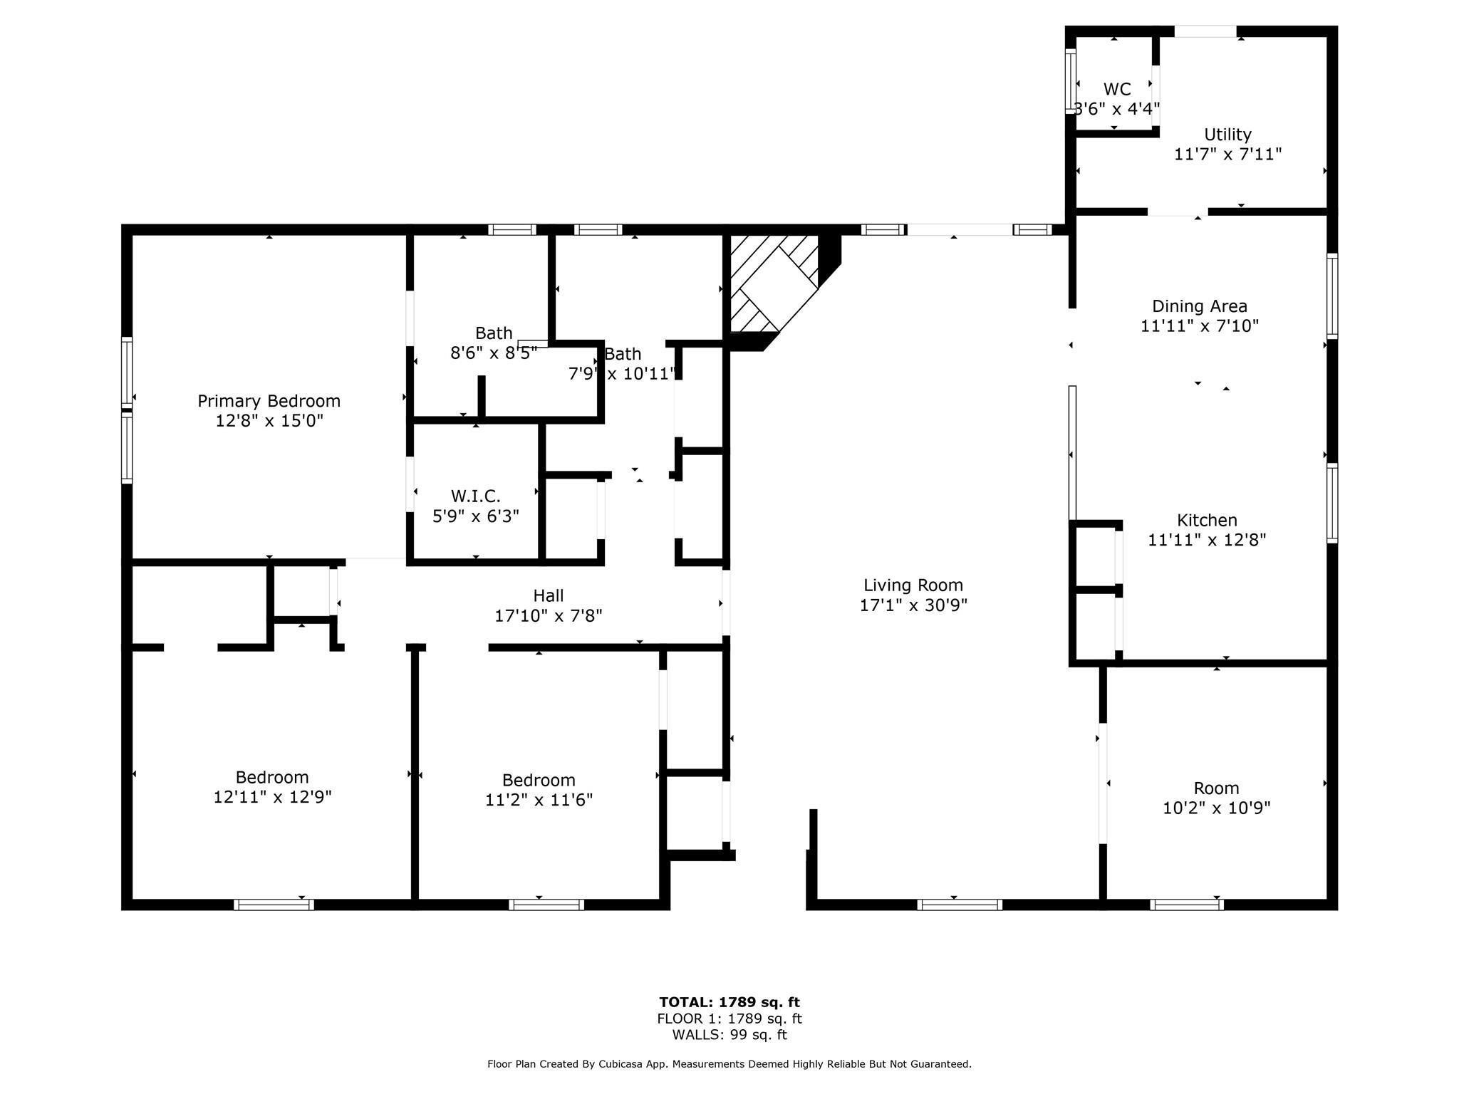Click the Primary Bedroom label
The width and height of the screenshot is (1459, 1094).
tap(269, 401)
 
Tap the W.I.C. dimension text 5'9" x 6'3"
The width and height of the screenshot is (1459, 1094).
tap(475, 516)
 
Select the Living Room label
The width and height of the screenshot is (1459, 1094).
tap(913, 585)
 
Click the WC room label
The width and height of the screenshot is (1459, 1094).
tap(1116, 90)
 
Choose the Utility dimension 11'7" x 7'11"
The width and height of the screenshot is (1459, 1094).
tap(1227, 154)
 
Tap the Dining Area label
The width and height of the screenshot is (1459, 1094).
tap(1199, 306)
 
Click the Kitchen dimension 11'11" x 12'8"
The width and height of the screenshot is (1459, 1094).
tap(1206, 540)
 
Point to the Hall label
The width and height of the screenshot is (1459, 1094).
tap(548, 595)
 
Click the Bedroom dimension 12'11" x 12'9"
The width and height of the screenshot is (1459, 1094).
tap(272, 797)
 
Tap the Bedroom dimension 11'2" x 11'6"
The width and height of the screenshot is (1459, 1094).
tap(539, 800)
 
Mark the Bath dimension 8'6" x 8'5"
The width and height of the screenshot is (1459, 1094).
tap(493, 353)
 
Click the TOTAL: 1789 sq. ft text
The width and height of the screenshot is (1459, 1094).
tap(729, 1002)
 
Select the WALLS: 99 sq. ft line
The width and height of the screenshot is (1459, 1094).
tap(729, 1035)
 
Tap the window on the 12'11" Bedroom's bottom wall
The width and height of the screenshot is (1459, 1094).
tap(274, 905)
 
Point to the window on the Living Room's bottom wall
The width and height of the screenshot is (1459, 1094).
tap(959, 905)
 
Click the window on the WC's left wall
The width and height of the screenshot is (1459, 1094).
tap(1070, 80)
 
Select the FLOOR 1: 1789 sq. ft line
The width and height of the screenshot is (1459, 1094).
tap(729, 1019)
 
